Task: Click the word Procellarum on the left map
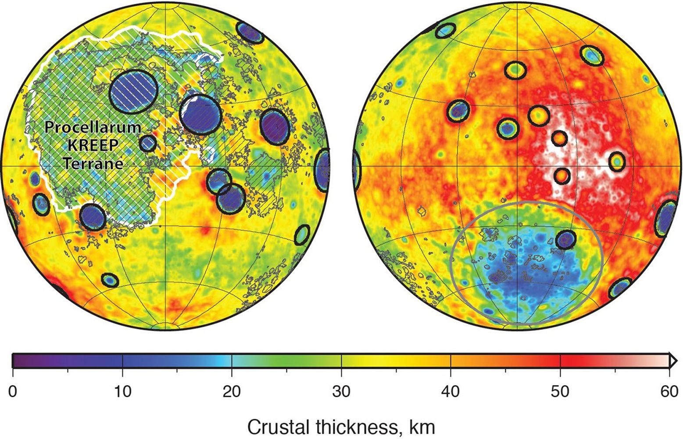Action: click(x=93, y=127)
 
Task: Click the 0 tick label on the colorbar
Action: click(x=13, y=391)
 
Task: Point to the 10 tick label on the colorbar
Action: click(x=122, y=391)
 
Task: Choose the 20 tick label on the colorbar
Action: click(x=232, y=391)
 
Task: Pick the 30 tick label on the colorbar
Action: click(x=341, y=391)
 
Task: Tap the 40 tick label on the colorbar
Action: click(x=451, y=391)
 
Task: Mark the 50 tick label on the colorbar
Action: click(x=560, y=391)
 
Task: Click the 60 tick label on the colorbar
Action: click(x=669, y=391)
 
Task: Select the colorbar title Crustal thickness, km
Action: click(x=341, y=426)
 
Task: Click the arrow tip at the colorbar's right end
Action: click(x=674, y=361)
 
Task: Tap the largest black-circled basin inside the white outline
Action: click(x=133, y=92)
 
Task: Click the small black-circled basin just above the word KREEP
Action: click(x=148, y=143)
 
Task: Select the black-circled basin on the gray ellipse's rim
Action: click(x=565, y=240)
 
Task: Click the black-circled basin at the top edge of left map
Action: click(x=250, y=32)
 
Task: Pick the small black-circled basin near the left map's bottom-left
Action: click(x=110, y=280)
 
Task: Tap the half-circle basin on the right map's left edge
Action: click(x=357, y=169)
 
